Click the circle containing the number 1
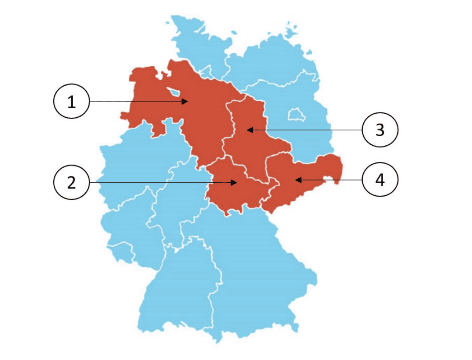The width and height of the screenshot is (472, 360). tap(72, 102)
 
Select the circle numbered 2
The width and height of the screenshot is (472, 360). tap(72, 182)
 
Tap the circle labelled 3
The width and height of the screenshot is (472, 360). tap(380, 130)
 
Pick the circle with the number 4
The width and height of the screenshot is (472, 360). tap(380, 180)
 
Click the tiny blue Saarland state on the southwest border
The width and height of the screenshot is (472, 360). tap(122, 253)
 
